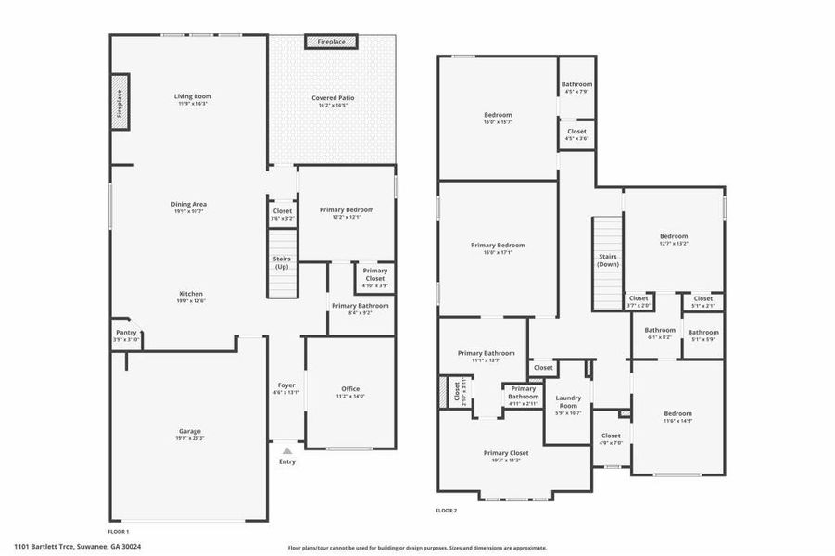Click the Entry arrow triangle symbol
click(287, 449)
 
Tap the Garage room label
click(190, 431)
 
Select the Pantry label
click(126, 333)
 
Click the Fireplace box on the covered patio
click(331, 43)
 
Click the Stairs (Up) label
click(282, 263)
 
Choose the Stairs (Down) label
click(608, 260)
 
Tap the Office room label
click(350, 389)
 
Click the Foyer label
click(286, 385)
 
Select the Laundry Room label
click(567, 402)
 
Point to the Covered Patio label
click(333, 97)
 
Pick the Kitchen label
click(190, 293)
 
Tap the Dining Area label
click(188, 204)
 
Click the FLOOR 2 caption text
click(447, 510)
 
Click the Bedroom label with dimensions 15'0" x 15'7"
click(498, 115)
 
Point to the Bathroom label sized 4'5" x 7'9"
click(576, 84)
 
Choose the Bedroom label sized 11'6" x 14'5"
click(677, 413)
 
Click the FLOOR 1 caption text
click(119, 532)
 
